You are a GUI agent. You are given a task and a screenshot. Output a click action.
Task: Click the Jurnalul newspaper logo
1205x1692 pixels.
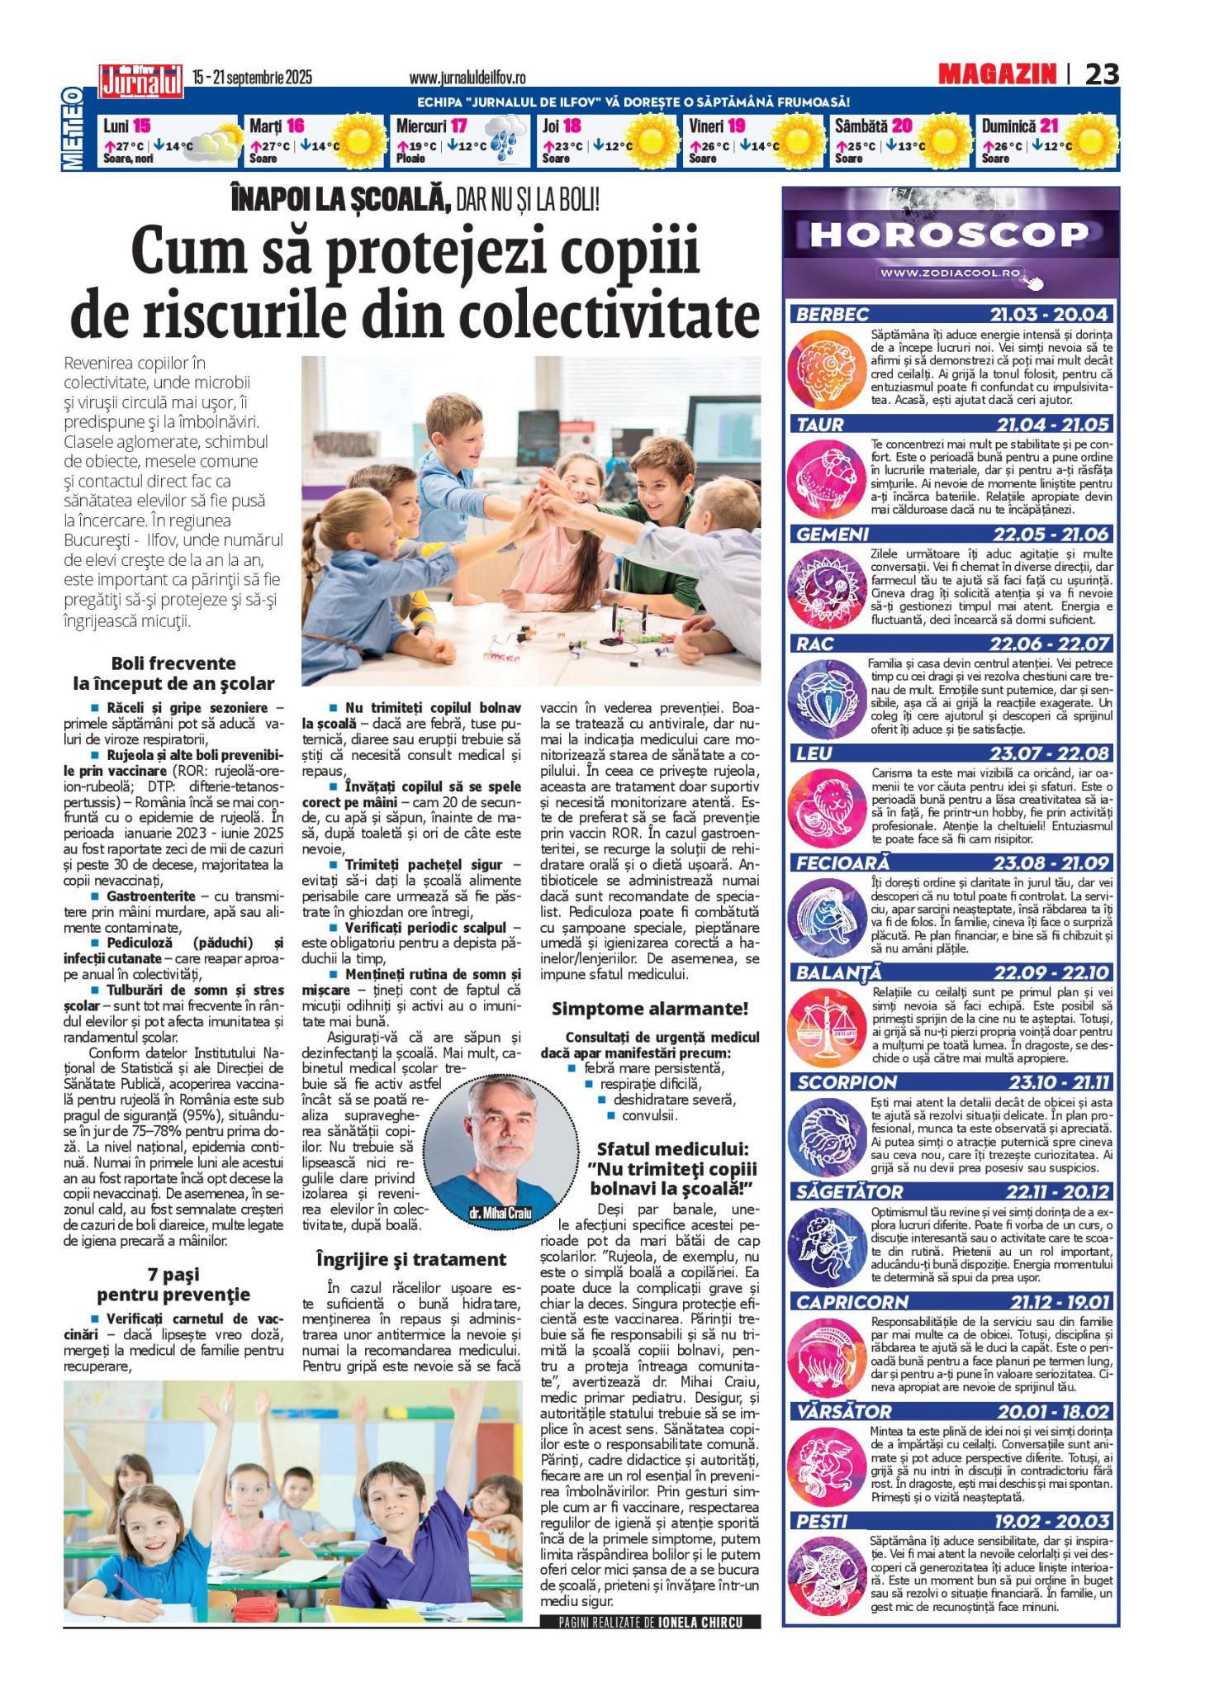point(140,81)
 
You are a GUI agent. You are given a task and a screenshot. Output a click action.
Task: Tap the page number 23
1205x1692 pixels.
point(1102,74)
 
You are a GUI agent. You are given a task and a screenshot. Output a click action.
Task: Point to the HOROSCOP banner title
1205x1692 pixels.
point(949,235)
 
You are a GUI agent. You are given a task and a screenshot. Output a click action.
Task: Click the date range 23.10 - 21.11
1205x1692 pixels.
point(1060,1082)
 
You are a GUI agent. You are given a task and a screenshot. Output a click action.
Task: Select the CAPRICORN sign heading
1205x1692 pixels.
point(852,1302)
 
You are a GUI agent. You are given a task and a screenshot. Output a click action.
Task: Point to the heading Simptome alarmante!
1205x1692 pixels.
point(649,1009)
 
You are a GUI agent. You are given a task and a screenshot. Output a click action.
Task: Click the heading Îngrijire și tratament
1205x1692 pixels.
point(410,1260)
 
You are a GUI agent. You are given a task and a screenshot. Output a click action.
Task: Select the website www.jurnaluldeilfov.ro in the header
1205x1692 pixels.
point(467,78)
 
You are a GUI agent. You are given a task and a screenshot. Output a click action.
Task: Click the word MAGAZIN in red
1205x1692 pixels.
point(997,74)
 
